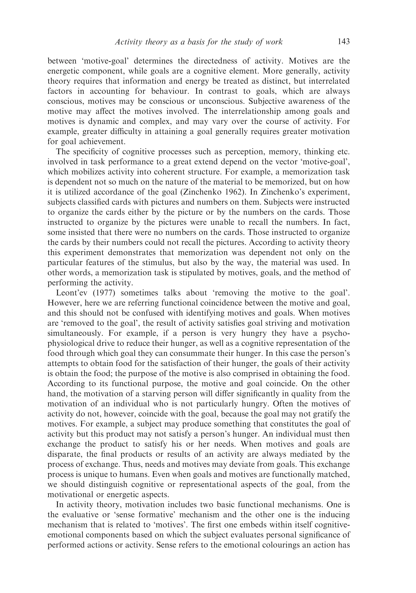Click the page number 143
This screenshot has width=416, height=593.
coord(343,41)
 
